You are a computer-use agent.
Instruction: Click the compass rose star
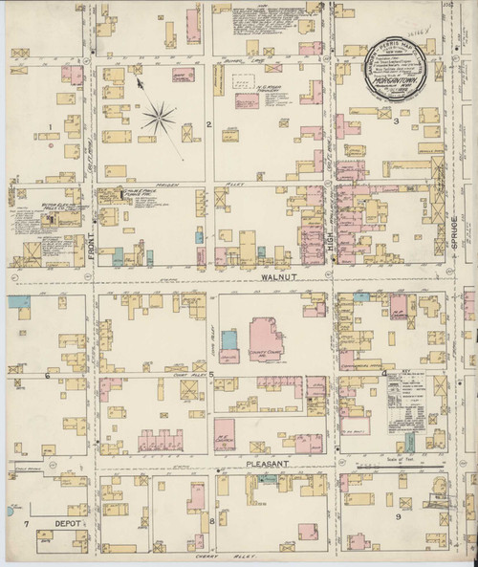click(x=159, y=120)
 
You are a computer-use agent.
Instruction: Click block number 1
click(x=50, y=125)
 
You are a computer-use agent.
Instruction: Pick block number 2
click(x=208, y=125)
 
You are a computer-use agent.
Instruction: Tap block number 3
click(x=395, y=122)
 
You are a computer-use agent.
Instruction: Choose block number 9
click(x=398, y=516)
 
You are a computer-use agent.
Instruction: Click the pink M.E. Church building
click(x=226, y=431)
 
